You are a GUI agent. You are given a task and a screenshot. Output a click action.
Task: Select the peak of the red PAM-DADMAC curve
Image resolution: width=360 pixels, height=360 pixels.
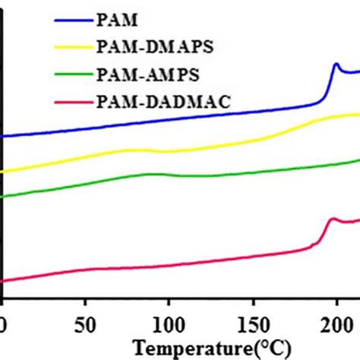[x=331, y=219]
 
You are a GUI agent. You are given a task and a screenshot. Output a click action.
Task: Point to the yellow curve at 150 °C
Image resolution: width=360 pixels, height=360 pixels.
[x=251, y=139]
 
